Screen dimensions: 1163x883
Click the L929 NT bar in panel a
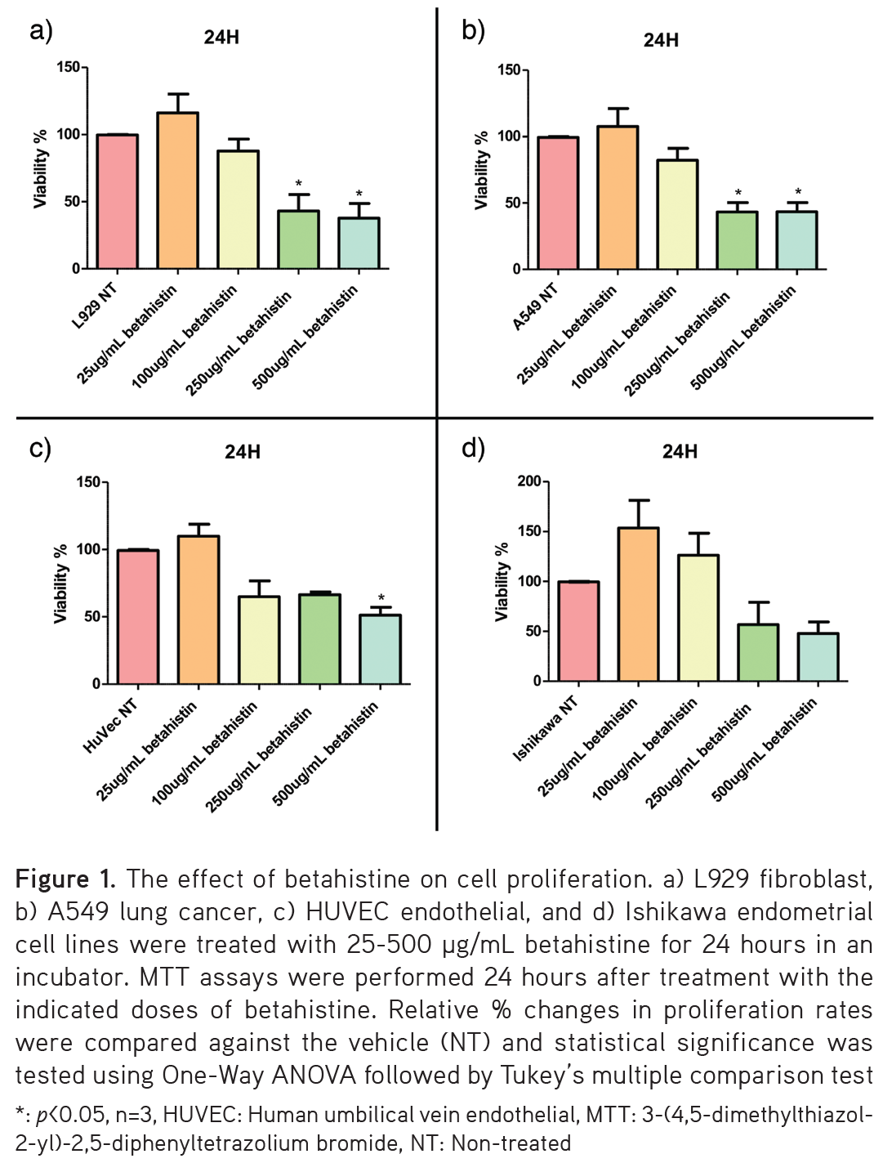coord(117,201)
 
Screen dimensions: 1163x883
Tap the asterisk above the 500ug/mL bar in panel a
coord(359,195)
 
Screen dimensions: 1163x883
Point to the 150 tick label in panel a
coord(68,67)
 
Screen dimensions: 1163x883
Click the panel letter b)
coord(473,31)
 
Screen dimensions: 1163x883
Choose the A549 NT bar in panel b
coord(558,203)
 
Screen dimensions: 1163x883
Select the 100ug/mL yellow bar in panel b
coord(677,214)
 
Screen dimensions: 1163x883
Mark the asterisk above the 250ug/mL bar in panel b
coord(738,194)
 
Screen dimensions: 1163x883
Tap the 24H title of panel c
coord(242,452)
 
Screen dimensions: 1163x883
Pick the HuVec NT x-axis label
coord(110,726)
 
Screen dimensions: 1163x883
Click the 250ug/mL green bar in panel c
coord(319,638)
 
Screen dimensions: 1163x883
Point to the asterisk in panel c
coord(381,598)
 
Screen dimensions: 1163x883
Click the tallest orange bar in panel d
coord(638,604)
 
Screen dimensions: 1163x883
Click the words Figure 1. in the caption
coord(65,879)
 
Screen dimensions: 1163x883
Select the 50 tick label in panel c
coord(91,617)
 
